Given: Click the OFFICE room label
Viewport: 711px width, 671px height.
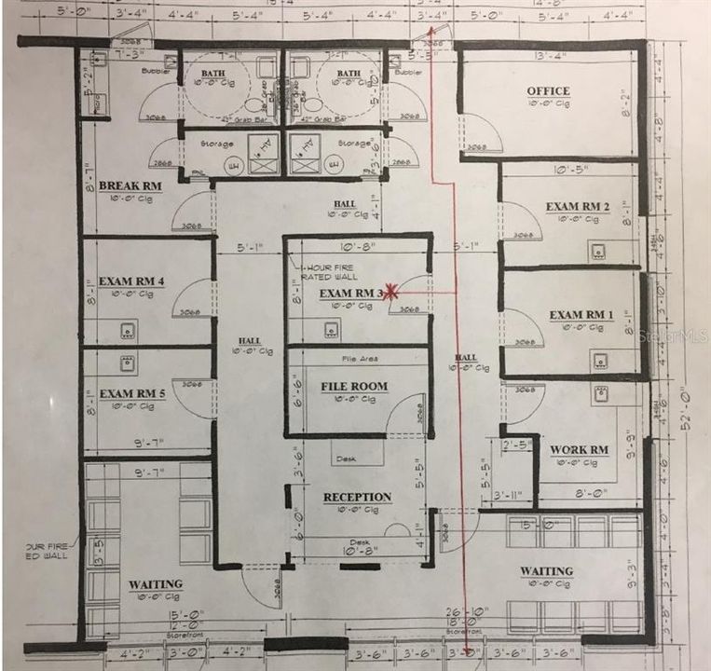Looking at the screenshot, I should [548, 91].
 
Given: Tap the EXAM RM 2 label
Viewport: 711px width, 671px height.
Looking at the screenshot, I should [578, 206].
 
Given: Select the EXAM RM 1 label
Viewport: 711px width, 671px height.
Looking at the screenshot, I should [581, 315].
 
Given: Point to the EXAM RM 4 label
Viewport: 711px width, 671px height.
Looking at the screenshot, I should [132, 281].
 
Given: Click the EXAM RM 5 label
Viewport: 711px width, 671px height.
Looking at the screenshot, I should [132, 393].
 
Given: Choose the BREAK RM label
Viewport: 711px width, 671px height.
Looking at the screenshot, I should [130, 185].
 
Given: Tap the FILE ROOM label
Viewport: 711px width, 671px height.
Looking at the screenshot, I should [354, 386].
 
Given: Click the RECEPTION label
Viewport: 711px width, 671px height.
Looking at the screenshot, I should [358, 497].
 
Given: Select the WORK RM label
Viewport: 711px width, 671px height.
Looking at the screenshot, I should [579, 450].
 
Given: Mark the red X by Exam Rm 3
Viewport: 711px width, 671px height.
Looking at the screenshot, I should [392, 292].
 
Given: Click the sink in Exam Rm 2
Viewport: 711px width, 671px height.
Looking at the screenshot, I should [597, 250].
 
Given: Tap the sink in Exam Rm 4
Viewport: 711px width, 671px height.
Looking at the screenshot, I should [128, 329].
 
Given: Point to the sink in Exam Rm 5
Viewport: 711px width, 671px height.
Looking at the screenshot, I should [128, 362].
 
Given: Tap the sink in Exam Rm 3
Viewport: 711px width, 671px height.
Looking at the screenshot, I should [331, 329].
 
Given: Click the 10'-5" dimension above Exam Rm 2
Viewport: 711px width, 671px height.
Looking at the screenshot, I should [568, 170].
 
